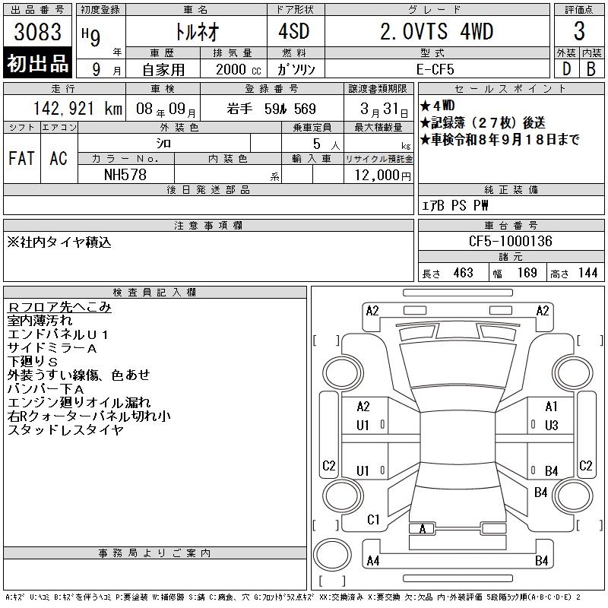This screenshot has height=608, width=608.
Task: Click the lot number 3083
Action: click(x=37, y=31)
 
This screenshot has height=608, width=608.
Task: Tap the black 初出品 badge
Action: click(x=37, y=63)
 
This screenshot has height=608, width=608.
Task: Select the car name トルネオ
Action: click(x=197, y=31)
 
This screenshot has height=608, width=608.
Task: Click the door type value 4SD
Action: click(x=294, y=31)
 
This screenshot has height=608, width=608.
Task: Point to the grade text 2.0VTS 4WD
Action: click(x=436, y=31)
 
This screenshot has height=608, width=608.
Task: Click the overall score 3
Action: click(x=579, y=31)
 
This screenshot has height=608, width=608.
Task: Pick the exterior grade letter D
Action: click(x=566, y=69)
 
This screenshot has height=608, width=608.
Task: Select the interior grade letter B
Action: click(x=591, y=69)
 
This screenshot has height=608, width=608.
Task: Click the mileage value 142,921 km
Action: click(x=78, y=109)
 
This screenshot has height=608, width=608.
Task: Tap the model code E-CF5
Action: click(x=435, y=69)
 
